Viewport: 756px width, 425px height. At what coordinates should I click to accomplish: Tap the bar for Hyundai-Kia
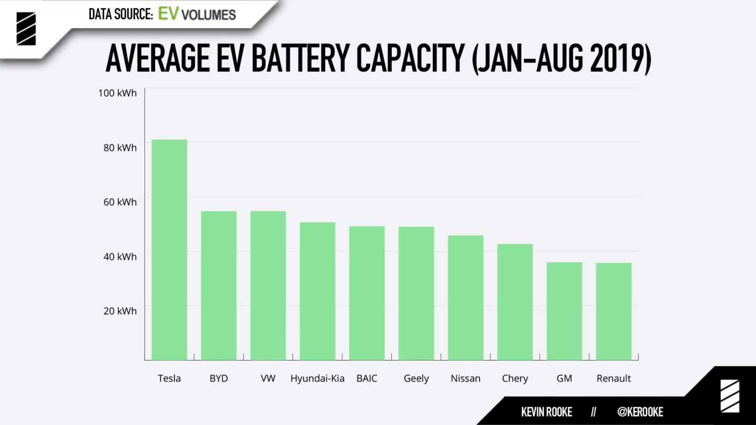pos(317,291)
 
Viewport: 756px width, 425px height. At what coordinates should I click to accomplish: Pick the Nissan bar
pos(466,298)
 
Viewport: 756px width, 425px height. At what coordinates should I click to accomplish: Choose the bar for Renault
pos(614,311)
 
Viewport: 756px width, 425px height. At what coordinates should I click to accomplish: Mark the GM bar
pos(564,311)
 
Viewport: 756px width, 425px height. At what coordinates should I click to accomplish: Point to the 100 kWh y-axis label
pos(117,93)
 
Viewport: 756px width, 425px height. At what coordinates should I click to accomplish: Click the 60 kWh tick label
pos(120,202)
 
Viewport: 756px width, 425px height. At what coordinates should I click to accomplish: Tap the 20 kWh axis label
pos(120,311)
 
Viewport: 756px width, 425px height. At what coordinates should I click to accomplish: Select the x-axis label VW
pos(268,378)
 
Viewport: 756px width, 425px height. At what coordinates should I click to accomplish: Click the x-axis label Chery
pos(515,378)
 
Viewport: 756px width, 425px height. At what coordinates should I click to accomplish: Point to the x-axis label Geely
pos(416,378)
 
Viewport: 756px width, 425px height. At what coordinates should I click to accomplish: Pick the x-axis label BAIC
pos(367,378)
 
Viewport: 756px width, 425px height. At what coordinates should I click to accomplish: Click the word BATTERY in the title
pos(300,58)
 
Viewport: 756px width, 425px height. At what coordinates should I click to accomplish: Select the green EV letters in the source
pos(168,14)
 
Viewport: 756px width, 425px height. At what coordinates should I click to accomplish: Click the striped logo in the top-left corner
pos(26,29)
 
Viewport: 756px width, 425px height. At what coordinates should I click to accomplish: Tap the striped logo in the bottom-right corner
pos(729,395)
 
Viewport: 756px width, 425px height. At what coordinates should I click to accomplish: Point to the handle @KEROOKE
pos(640,412)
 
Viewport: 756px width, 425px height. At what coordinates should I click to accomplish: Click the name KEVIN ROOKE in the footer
pos(546,412)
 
